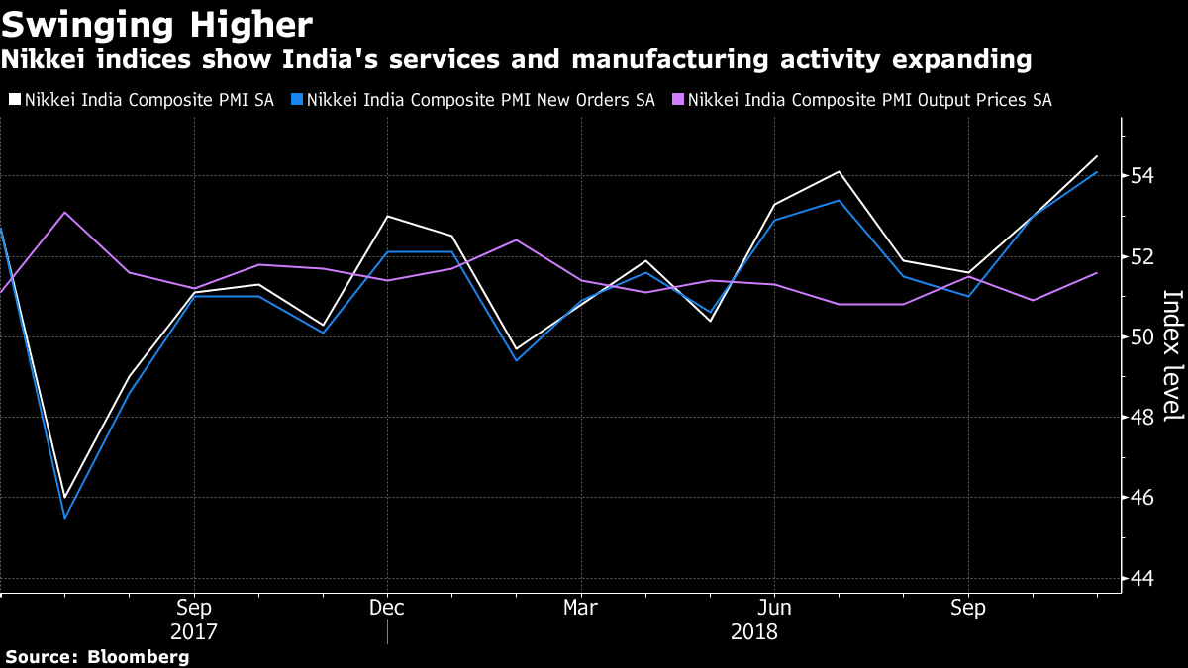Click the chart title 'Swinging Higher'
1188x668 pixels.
(157, 24)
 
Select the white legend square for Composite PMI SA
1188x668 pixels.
(14, 100)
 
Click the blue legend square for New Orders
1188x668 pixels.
(296, 100)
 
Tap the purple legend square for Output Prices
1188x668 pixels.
(677, 100)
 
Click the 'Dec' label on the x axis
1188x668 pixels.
(386, 607)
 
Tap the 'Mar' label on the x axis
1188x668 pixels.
(580, 607)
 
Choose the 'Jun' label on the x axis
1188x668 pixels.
(773, 607)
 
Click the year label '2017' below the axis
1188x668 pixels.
(193, 631)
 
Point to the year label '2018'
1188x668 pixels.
(753, 631)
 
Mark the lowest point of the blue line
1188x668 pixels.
(64, 518)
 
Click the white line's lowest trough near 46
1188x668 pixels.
(64, 498)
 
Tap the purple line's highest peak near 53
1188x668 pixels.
(64, 212)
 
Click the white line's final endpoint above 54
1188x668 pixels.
(1097, 156)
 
